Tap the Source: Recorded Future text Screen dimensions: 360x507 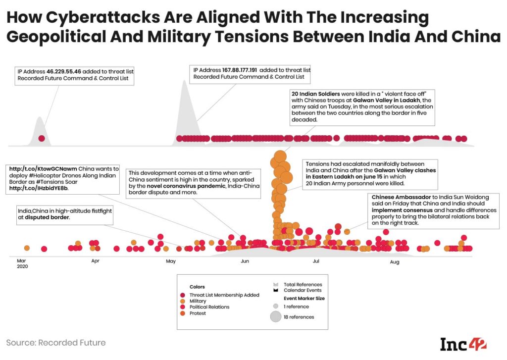tap(56, 342)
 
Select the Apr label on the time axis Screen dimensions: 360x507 tap(95, 260)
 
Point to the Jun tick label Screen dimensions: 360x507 tap(245, 260)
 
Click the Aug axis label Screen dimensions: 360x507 tap(395, 260)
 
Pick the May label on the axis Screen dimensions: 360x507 tap(171, 260)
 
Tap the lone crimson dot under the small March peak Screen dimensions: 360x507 tap(42, 139)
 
